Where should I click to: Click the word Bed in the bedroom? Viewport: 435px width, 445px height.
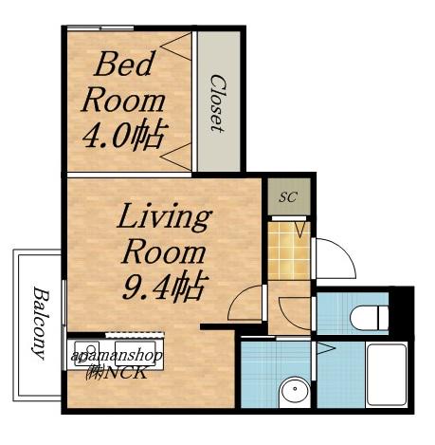124,64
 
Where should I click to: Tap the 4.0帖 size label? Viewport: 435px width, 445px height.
124,136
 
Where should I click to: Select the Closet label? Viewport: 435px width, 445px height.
218,102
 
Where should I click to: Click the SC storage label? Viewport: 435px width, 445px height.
288,196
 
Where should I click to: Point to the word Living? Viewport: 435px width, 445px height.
164,218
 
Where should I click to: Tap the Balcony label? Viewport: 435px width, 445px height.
41,323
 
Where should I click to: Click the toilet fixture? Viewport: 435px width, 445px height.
369,317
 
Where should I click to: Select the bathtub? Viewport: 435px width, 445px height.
386,375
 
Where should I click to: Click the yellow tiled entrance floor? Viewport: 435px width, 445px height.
289,250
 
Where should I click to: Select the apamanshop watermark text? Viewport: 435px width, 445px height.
117,356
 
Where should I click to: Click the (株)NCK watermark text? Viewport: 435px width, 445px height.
117,373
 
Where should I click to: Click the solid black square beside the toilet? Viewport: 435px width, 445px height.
401,312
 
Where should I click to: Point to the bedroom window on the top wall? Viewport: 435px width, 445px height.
100,28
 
